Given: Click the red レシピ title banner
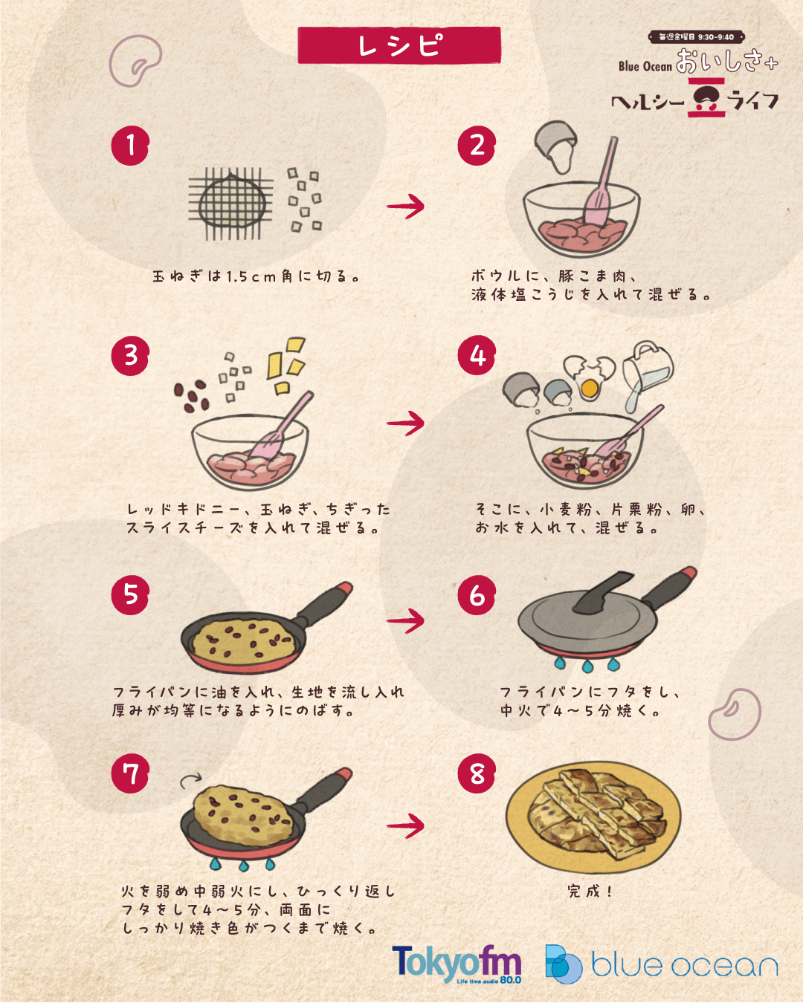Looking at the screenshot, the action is (399, 45).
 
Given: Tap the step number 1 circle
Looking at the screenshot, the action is (130, 146).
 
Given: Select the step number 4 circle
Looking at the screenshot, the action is (477, 355).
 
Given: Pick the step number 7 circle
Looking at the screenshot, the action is (130, 773).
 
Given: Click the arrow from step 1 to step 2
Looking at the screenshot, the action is (405, 207).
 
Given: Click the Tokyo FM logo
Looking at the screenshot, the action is (457, 964).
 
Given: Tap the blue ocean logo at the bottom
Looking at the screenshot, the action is (662, 964).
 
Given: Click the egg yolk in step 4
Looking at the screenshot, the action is (590, 388).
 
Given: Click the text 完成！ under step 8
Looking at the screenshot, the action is (590, 891).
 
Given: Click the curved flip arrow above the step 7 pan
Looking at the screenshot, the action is (190, 780).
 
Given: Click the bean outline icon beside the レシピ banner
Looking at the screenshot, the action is (135, 61).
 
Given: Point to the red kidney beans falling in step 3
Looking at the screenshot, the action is (191, 396).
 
